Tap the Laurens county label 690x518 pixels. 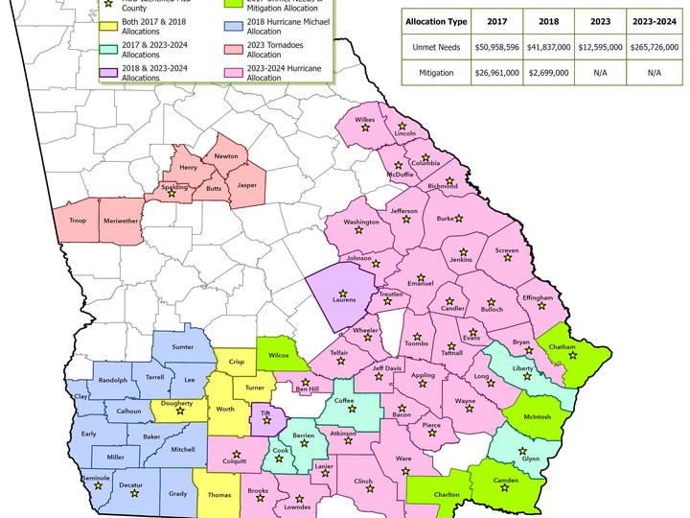(344, 299)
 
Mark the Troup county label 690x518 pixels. (79, 220)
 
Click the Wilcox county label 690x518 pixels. (279, 355)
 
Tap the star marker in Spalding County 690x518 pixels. (172, 193)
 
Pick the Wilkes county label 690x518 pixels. (365, 120)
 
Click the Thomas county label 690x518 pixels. (218, 495)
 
